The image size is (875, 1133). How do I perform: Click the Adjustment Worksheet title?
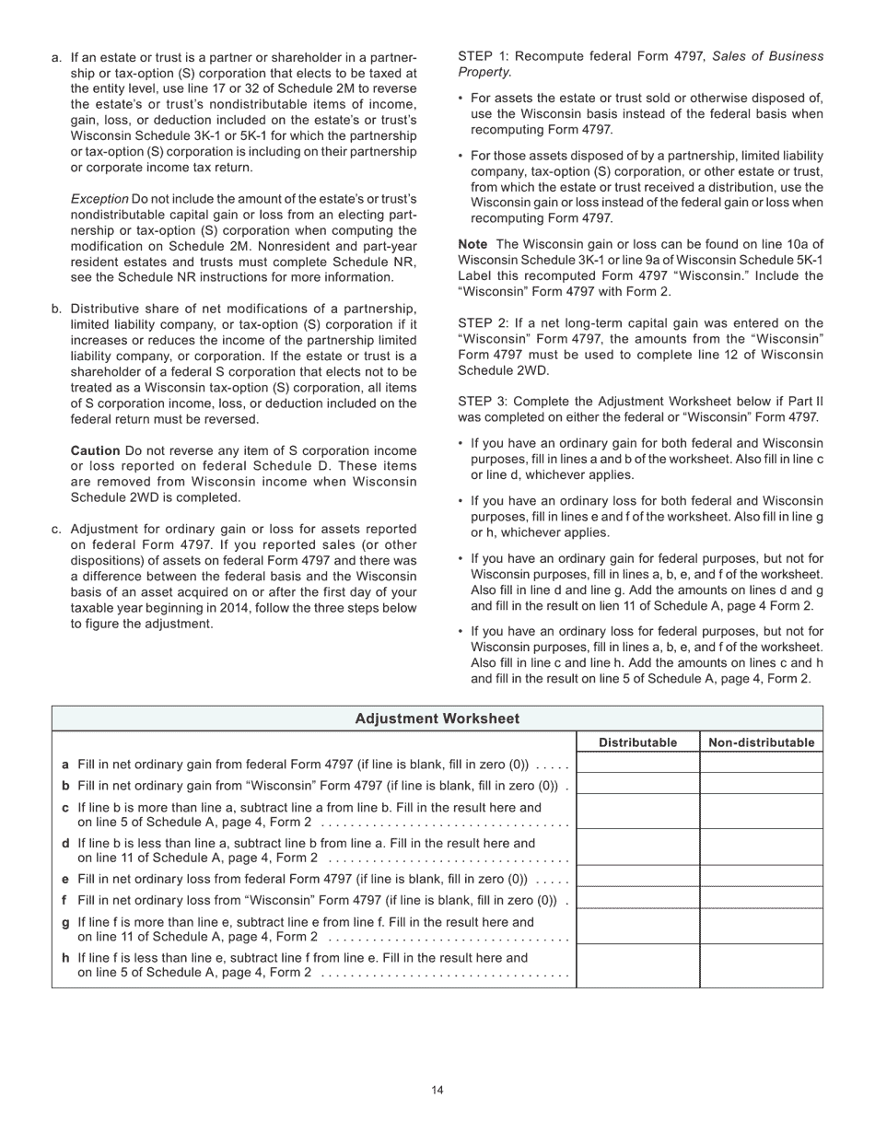click(437, 718)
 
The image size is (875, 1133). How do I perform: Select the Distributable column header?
click(637, 742)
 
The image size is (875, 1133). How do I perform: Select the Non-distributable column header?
click(761, 742)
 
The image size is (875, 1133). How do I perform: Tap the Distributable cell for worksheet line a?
click(637, 764)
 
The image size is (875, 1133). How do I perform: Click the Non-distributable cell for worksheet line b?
click(761, 785)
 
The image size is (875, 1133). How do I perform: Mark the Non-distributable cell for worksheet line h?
click(761, 965)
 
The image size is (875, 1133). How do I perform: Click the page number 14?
click(437, 1091)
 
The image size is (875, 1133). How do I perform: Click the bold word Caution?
click(96, 450)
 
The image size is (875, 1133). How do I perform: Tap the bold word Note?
click(472, 244)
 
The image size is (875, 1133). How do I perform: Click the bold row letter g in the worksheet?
click(65, 922)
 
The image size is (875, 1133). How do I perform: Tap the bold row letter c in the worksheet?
click(65, 808)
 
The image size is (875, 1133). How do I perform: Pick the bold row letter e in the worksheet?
click(65, 879)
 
